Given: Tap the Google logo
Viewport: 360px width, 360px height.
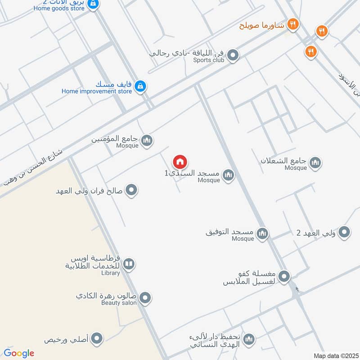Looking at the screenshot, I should click(19, 353).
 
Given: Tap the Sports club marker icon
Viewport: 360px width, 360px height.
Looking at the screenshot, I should click(233, 56).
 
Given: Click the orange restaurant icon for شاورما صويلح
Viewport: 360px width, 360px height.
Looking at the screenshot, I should click(293, 24).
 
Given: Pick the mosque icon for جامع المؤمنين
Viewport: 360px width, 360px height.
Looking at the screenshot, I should click(147, 141).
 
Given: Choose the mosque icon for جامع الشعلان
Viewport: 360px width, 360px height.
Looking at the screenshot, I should click(315, 162).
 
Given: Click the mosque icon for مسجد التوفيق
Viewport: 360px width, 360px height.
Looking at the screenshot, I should click(262, 233).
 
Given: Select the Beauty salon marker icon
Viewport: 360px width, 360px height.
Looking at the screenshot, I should click(145, 297).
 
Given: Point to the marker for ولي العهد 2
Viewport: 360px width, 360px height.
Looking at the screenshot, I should click(344, 232).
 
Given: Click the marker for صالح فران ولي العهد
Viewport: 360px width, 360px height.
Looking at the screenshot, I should click(131, 190).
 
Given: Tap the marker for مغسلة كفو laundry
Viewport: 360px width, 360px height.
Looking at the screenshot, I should click(284, 277).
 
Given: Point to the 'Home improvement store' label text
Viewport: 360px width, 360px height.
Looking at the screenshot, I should click(97, 91).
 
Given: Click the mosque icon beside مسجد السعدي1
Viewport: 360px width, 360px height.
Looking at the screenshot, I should click(229, 175).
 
